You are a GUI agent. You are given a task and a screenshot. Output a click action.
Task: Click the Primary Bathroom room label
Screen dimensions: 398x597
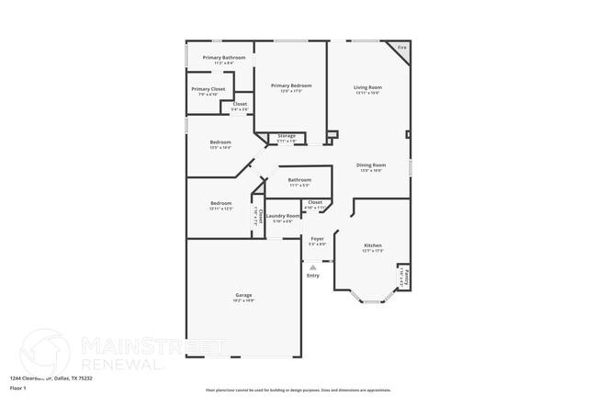click(x=224, y=57)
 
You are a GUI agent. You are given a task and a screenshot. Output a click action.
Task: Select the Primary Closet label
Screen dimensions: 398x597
click(x=208, y=89)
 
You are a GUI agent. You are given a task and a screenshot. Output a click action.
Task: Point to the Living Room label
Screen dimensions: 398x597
click(x=367, y=87)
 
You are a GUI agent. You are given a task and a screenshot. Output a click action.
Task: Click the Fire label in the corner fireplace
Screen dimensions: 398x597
click(x=400, y=47)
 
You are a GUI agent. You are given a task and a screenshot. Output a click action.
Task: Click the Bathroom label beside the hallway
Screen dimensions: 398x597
click(x=299, y=179)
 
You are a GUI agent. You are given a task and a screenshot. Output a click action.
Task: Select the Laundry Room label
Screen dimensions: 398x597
click(x=283, y=216)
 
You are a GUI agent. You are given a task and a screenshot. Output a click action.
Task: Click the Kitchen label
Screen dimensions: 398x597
click(x=372, y=245)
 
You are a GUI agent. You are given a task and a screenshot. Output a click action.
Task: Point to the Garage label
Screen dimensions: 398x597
click(x=242, y=295)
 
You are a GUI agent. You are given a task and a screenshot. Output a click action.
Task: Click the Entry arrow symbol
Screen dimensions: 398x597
click(x=312, y=267)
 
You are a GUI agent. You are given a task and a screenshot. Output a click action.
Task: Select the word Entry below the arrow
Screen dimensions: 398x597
click(x=312, y=276)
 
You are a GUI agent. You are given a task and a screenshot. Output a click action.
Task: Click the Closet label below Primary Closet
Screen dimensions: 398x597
click(x=240, y=104)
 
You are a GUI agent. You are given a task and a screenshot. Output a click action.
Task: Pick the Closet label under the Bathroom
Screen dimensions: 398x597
click(x=314, y=201)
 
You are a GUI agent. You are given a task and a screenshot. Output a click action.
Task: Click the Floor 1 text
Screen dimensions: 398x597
click(x=18, y=389)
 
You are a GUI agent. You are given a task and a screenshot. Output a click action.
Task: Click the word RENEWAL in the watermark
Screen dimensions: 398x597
click(x=123, y=362)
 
